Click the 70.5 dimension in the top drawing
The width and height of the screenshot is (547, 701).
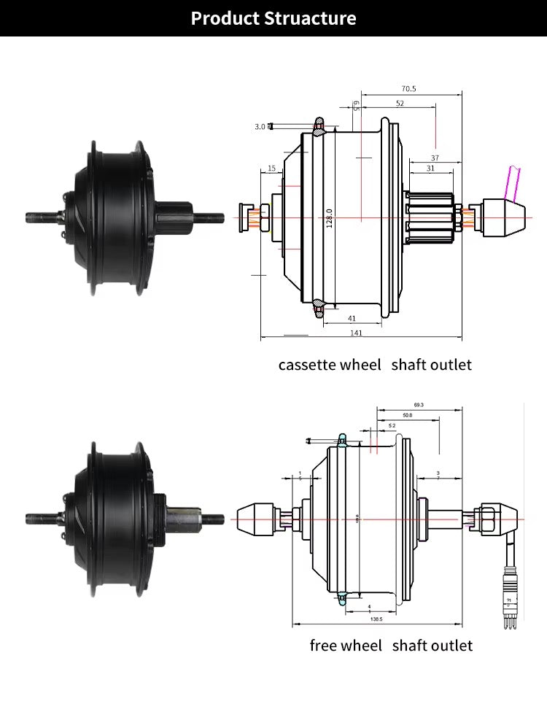(x=408, y=89)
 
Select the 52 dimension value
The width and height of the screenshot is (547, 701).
(x=400, y=104)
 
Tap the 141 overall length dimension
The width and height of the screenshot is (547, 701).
(x=357, y=333)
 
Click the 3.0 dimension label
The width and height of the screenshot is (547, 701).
(x=260, y=127)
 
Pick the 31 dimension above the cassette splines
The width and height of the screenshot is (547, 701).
(x=430, y=169)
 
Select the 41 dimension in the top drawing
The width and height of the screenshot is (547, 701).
(x=352, y=318)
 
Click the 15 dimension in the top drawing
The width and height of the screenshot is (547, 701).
(x=271, y=169)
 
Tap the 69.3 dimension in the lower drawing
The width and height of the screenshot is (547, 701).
(x=419, y=404)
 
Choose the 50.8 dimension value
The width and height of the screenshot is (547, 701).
(x=407, y=415)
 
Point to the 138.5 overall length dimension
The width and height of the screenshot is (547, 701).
(x=377, y=618)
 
